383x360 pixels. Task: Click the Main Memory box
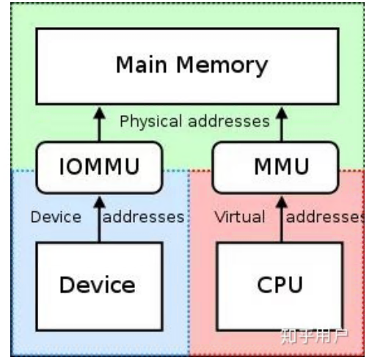tap(187, 67)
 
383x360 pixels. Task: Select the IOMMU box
tap(99, 167)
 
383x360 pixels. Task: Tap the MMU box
tap(276, 167)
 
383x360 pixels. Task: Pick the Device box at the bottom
tap(99, 287)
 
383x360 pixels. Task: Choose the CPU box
tap(280, 287)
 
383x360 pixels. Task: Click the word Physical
tap(150, 122)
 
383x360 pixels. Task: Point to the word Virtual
tap(240, 217)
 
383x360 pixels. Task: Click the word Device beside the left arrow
tap(56, 217)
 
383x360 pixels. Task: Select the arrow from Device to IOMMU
tap(99, 219)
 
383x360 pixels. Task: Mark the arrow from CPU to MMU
tap(282, 219)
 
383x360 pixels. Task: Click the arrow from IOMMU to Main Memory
tap(99, 125)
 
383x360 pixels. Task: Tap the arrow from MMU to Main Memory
tap(282, 125)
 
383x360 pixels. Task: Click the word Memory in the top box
tap(222, 65)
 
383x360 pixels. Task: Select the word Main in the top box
tap(142, 65)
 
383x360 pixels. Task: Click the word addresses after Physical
tap(229, 122)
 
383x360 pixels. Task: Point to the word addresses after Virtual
tap(325, 217)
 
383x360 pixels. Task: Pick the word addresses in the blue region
tap(144, 217)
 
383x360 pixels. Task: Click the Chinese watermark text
tap(315, 337)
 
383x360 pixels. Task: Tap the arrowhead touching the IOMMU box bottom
tap(99, 202)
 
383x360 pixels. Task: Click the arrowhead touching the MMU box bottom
tap(282, 202)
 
